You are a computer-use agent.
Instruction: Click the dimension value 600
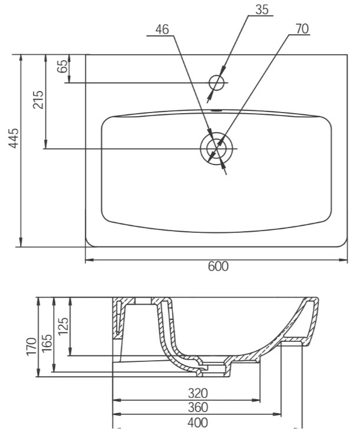tap(218, 266)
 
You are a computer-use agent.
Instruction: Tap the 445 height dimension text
tap(14, 138)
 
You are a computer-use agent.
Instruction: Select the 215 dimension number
tap(38, 100)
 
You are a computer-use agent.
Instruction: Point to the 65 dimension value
tap(62, 66)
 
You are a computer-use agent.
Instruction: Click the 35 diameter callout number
tap(262, 9)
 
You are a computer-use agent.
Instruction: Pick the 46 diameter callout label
tap(162, 29)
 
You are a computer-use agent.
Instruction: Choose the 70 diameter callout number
tap(302, 29)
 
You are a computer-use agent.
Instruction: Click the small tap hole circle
tap(216, 83)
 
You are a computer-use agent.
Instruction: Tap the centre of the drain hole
tap(217, 149)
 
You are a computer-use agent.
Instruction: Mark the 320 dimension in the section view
tap(198, 393)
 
